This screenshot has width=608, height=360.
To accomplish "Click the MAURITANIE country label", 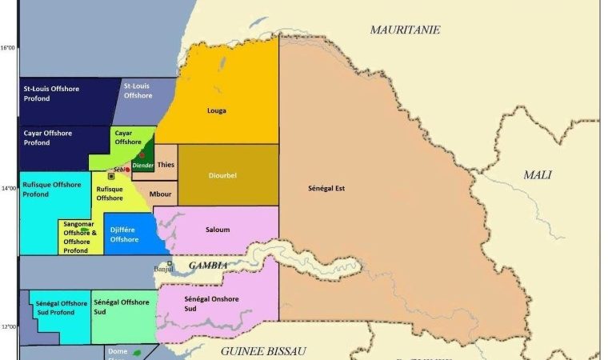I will click(405, 30).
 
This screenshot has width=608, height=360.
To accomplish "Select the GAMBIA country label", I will click(208, 266).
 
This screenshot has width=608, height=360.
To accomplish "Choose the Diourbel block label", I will click(222, 176).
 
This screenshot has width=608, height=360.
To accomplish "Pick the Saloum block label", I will click(218, 230).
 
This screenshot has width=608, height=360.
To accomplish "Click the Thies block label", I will click(166, 165).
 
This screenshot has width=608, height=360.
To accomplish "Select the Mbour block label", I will click(160, 194).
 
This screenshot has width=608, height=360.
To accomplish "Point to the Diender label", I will click(142, 165).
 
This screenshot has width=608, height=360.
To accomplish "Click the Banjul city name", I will click(163, 270).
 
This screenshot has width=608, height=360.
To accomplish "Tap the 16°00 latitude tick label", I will click(8, 47).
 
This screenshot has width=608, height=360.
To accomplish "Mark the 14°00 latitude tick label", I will click(8, 188).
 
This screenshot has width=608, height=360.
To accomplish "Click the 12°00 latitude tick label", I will click(8, 326).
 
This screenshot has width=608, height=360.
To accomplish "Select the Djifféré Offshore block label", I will click(125, 234).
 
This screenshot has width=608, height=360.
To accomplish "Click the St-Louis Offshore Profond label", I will click(50, 94).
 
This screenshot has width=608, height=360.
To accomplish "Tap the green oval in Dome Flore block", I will click(137, 353).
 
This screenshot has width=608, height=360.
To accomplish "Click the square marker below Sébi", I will click(111, 177).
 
